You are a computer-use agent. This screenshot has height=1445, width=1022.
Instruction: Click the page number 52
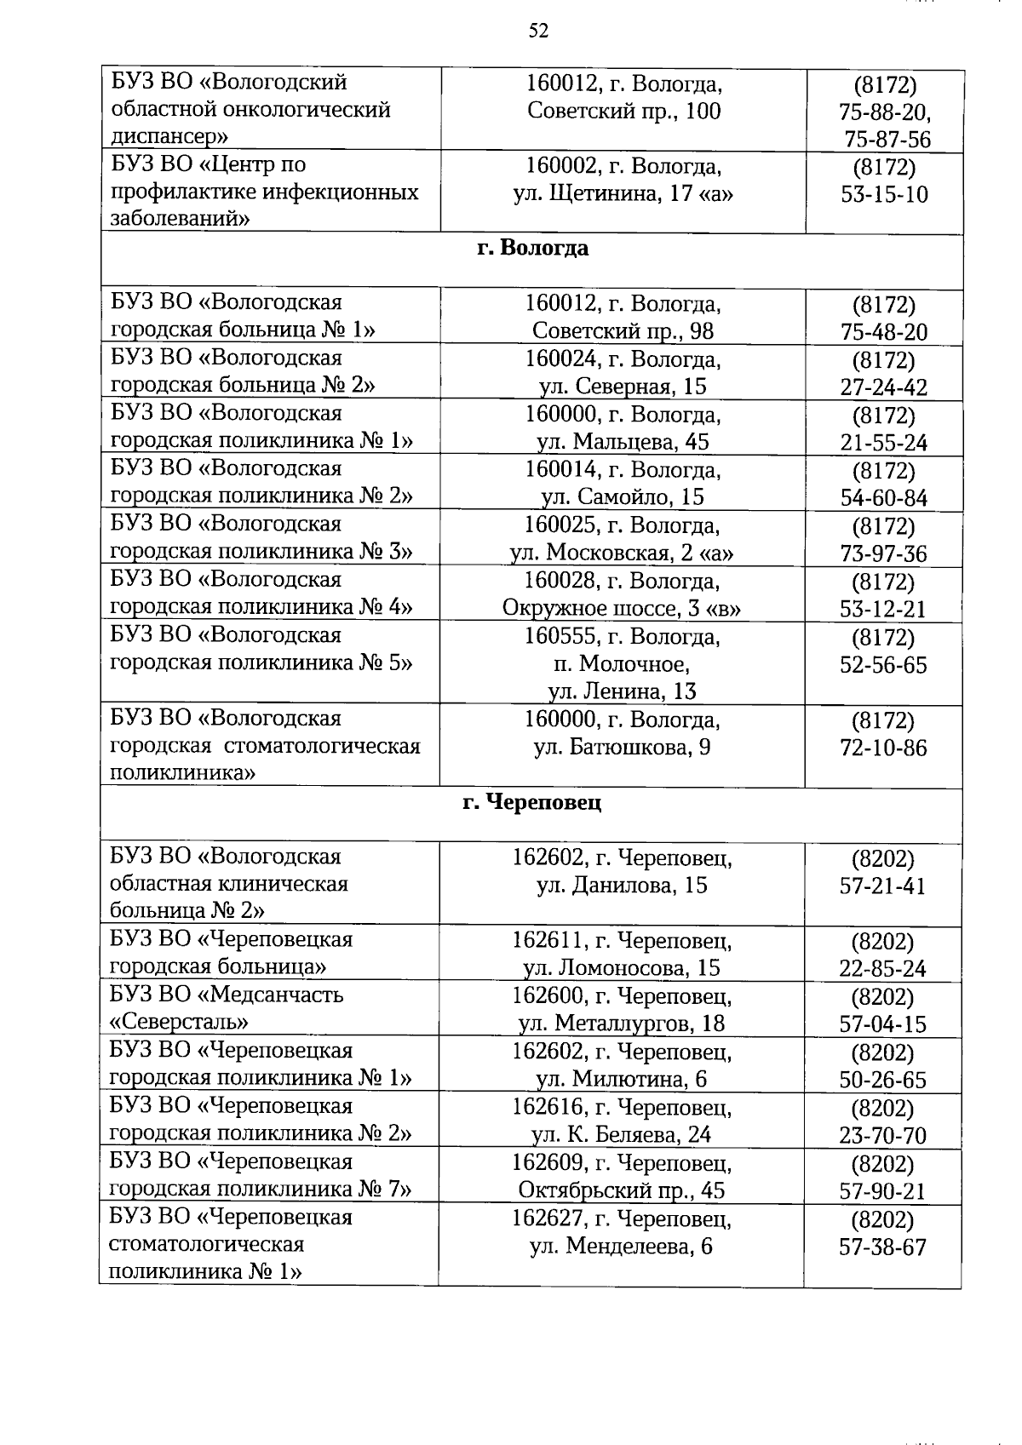[537, 32]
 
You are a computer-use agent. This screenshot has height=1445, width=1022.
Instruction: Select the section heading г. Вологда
[532, 248]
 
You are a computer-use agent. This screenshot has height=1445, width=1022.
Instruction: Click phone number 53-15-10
[884, 194]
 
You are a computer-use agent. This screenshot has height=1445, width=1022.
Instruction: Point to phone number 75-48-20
[883, 331]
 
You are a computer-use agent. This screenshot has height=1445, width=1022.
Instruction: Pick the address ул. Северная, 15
[623, 387]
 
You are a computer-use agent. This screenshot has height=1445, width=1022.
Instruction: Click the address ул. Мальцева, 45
[622, 442]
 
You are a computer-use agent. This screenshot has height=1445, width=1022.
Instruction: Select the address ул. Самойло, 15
[622, 496]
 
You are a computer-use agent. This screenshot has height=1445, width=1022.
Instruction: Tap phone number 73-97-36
[883, 553]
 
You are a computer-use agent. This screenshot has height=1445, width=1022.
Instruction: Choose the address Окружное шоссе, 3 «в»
[622, 608]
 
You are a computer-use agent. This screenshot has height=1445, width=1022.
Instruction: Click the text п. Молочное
[622, 663]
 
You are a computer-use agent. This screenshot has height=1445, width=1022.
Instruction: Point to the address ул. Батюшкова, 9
[622, 747]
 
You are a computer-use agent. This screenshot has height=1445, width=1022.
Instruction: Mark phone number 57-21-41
[882, 886]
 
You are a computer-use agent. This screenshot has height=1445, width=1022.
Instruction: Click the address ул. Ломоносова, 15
[622, 967]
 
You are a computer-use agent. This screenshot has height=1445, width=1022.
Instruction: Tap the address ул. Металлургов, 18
[622, 1023]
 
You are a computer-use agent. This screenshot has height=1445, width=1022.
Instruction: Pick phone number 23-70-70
[882, 1135]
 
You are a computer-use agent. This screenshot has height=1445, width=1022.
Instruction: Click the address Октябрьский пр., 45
[622, 1190]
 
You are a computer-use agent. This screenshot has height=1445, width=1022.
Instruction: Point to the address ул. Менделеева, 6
[622, 1247]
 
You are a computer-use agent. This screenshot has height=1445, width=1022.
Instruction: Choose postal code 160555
[554, 636]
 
